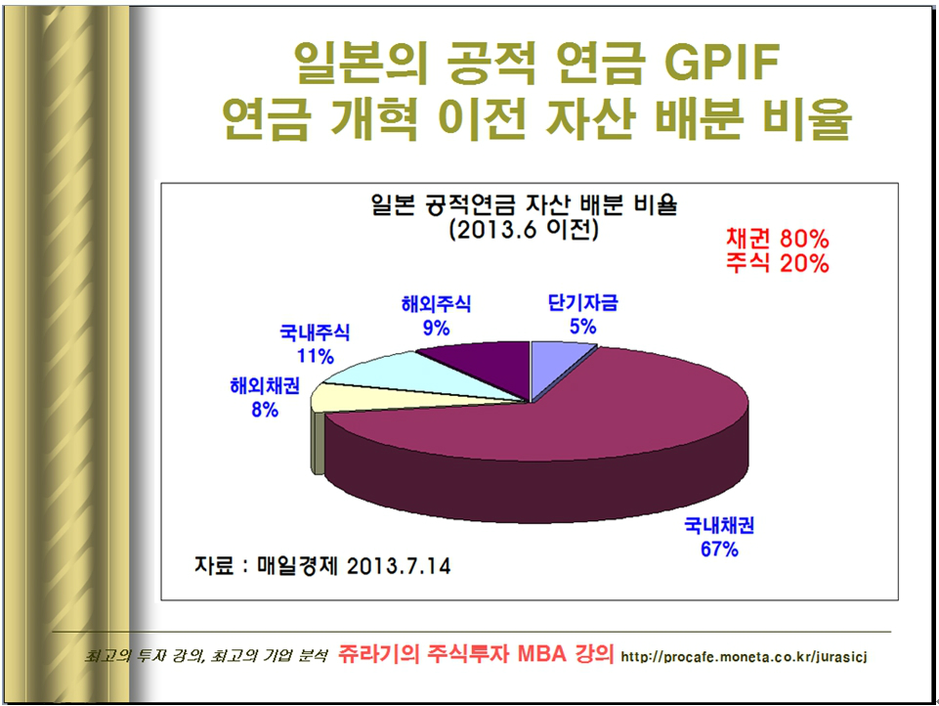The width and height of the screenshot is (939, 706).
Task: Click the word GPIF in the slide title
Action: click(721, 62)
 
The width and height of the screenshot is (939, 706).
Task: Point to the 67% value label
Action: click(719, 549)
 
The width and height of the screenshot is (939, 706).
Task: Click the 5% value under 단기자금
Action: click(582, 327)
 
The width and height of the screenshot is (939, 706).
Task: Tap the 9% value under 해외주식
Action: click(436, 328)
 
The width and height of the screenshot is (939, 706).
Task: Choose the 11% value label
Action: click(315, 356)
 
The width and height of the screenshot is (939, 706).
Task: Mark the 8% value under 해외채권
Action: click(265, 410)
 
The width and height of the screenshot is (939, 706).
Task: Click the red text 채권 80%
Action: click(778, 239)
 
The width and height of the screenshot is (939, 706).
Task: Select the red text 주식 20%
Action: click(778, 263)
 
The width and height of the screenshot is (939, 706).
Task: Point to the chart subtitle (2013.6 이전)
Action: click(524, 230)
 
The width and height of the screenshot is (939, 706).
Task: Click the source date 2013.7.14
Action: click(399, 566)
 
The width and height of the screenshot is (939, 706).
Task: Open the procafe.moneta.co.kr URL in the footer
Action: click(744, 657)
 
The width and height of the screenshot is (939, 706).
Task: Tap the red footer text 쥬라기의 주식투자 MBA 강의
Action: click(476, 653)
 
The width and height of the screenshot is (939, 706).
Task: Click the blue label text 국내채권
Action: click(719, 526)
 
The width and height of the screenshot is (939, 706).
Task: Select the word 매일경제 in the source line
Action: click(298, 566)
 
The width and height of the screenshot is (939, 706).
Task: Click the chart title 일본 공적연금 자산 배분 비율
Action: click(524, 205)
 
